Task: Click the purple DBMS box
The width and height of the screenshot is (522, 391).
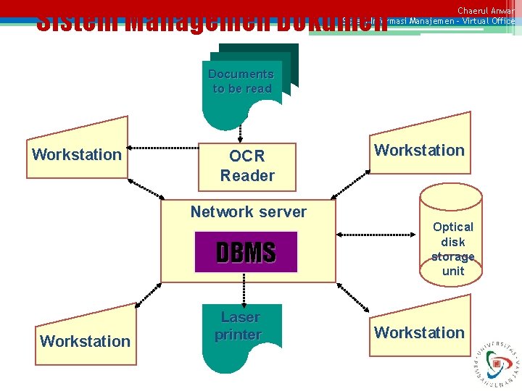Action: tap(246, 252)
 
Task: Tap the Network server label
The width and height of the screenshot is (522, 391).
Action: tap(248, 212)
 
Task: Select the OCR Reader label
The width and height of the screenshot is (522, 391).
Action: tap(247, 166)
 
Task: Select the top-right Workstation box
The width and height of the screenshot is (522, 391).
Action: tap(419, 149)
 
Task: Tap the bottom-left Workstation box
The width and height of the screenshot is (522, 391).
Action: tap(86, 340)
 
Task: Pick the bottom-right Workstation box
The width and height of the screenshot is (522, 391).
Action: tap(419, 332)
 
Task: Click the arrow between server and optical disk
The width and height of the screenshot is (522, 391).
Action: tap(377, 235)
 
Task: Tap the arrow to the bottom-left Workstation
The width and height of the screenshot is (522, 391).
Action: tap(149, 293)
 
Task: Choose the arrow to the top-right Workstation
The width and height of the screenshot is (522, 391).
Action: tap(353, 180)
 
